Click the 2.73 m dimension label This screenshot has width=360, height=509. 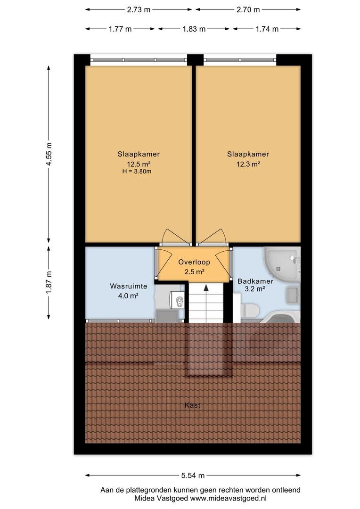[139, 10]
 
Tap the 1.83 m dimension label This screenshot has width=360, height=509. [194, 29]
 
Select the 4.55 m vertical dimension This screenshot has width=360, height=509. [49, 154]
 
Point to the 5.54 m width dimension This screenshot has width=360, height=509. [193, 476]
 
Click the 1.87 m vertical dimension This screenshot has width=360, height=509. [49, 282]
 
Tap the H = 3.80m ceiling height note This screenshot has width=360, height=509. [137, 172]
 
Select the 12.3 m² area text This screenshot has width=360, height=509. [248, 164]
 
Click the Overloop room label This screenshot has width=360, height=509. [194, 262]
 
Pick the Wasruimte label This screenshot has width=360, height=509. [129, 286]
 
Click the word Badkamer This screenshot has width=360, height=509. [255, 281]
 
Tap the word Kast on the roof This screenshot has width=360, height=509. [193, 405]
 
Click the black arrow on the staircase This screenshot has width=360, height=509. [206, 287]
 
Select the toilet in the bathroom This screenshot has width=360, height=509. [250, 310]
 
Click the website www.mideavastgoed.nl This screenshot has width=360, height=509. [228, 498]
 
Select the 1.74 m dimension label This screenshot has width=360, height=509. [267, 29]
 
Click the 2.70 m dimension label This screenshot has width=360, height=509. [248, 10]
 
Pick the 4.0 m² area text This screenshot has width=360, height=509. [129, 296]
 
